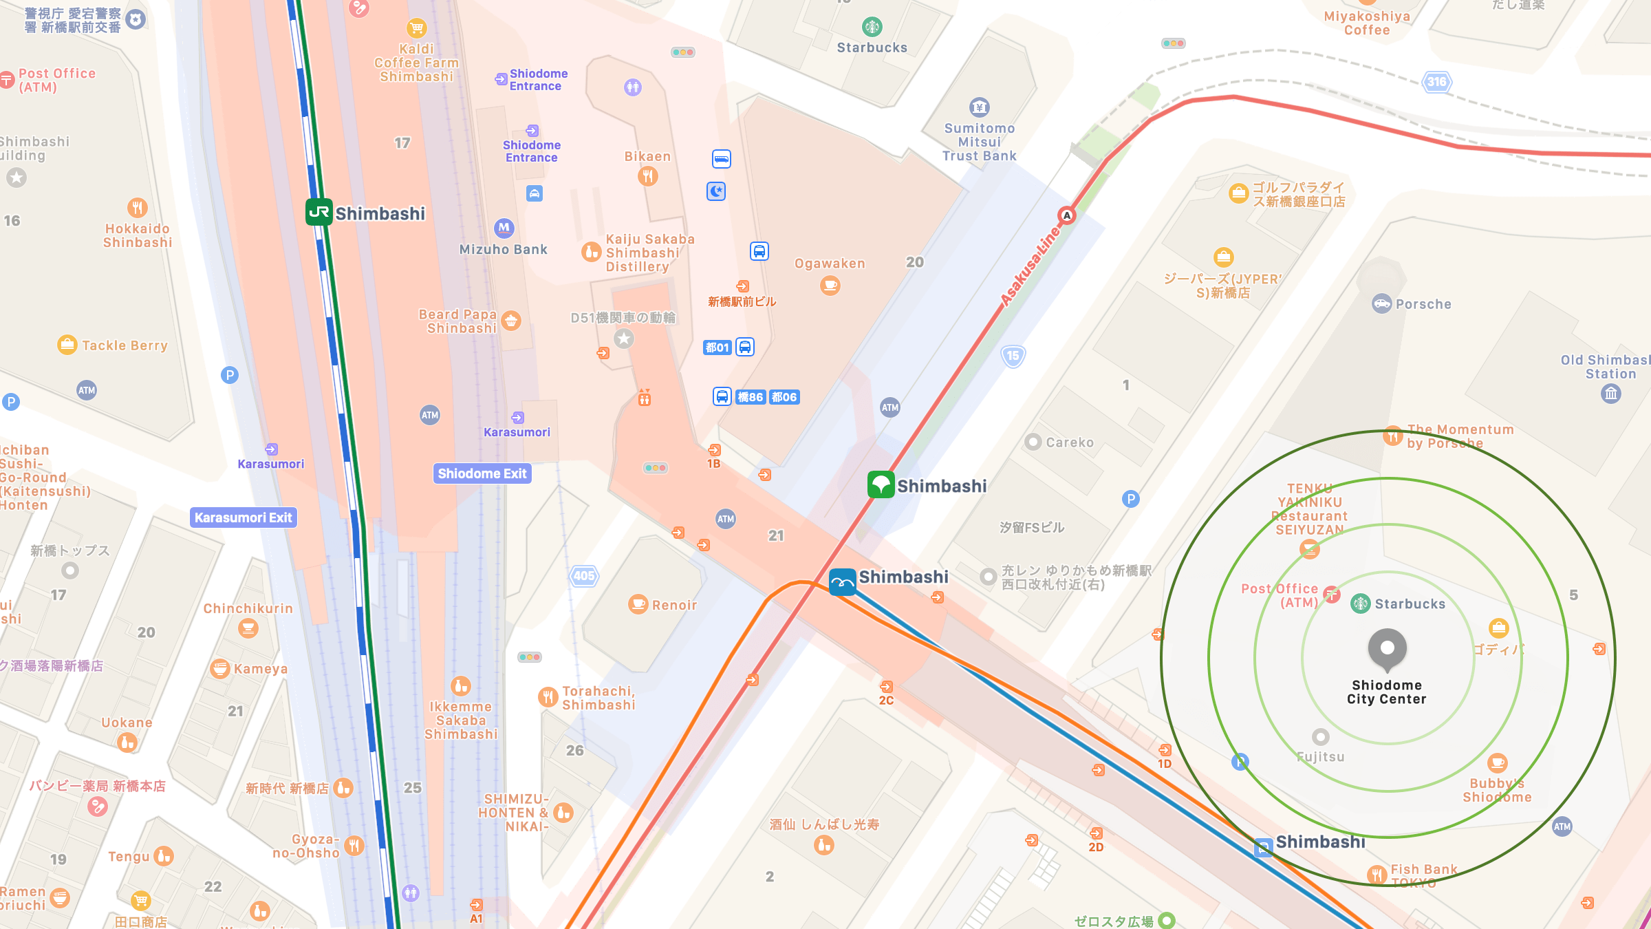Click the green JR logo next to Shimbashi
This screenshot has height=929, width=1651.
[319, 213]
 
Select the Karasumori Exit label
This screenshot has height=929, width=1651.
[244, 517]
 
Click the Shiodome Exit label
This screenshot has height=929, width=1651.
[482, 473]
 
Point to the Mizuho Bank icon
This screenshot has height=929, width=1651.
[504, 228]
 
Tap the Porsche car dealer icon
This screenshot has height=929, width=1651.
[1381, 303]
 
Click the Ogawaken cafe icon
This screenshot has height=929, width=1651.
[830, 284]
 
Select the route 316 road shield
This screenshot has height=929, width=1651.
[1436, 82]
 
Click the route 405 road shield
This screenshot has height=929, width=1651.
[584, 576]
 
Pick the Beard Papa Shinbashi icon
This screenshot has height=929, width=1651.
[510, 321]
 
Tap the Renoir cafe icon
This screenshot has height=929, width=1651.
[638, 605]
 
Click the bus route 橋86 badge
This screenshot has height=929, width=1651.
[750, 397]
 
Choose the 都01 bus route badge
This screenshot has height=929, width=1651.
[717, 348]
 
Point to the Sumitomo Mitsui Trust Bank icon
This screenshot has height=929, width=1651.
[979, 107]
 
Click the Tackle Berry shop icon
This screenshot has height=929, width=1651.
[67, 345]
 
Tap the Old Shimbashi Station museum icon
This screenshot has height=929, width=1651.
[1611, 394]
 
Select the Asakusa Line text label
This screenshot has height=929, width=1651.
[1029, 267]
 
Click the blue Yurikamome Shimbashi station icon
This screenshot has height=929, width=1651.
[842, 582]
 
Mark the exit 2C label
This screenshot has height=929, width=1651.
[886, 701]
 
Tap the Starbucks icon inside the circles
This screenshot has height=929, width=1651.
[1360, 604]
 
